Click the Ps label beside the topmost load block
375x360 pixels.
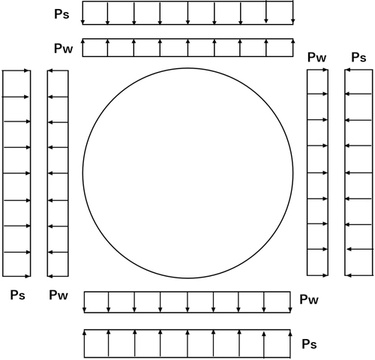(x=61, y=14)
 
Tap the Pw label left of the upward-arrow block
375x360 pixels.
(x=64, y=48)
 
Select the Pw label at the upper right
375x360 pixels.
(x=316, y=57)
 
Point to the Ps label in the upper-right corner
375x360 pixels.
(x=358, y=57)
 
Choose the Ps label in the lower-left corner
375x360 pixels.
(x=18, y=295)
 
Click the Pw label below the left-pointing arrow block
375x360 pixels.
(x=58, y=295)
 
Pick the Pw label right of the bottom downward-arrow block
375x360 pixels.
(x=309, y=299)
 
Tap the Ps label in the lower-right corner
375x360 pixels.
(x=309, y=344)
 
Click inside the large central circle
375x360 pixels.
(x=187, y=173)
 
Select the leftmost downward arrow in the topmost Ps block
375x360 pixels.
(x=83, y=13)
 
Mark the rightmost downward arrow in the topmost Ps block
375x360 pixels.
(x=293, y=13)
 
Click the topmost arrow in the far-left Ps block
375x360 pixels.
(x=16, y=70)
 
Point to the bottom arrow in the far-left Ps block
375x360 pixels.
(x=16, y=276)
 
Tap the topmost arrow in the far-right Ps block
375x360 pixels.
(x=358, y=70)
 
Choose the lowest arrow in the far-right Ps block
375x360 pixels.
(x=358, y=275)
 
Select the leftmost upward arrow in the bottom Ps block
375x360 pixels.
(x=85, y=343)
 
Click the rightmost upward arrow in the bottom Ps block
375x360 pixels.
(x=290, y=343)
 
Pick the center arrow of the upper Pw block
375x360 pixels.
(x=187, y=48)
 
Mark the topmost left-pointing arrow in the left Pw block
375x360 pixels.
(x=58, y=71)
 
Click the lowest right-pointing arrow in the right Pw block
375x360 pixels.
(x=317, y=275)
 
